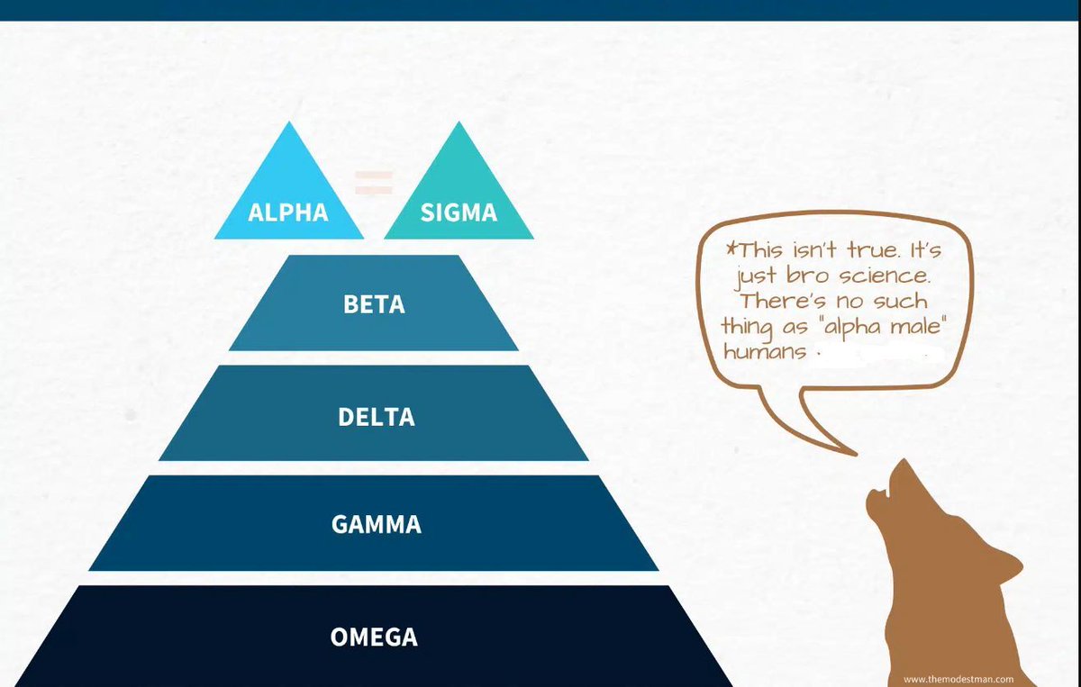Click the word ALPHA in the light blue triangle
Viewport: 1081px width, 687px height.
pyautogui.click(x=288, y=213)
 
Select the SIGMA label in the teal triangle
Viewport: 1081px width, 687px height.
pyautogui.click(x=459, y=213)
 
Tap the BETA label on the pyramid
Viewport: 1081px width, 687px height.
pyautogui.click(x=374, y=304)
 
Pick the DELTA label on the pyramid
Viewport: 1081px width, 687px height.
pyautogui.click(x=376, y=418)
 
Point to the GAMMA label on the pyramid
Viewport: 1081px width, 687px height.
pyautogui.click(x=376, y=524)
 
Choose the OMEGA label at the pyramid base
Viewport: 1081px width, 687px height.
pyautogui.click(x=374, y=637)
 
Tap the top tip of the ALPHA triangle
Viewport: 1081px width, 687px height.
pyautogui.click(x=289, y=124)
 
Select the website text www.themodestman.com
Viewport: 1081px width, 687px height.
pyautogui.click(x=958, y=680)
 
